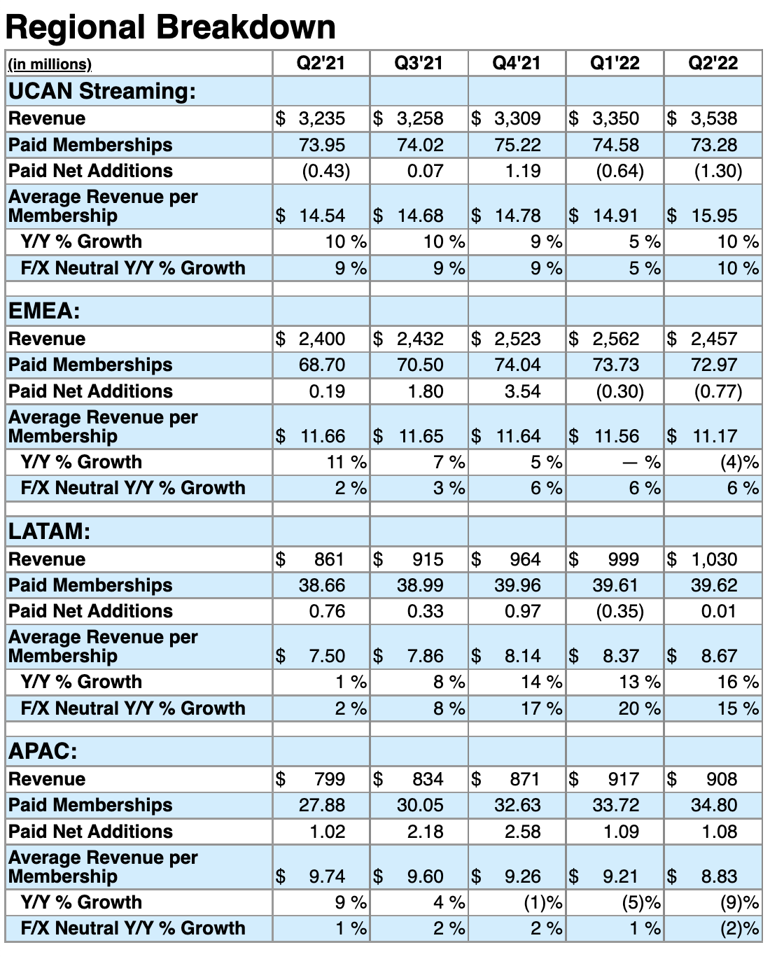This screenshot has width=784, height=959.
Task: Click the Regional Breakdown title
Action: pos(170,28)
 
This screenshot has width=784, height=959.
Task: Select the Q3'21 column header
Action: pos(419,64)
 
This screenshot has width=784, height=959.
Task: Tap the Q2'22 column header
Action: pos(713,64)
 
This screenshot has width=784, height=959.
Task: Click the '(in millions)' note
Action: pos(50,64)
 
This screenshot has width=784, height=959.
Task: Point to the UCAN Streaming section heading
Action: pos(102,91)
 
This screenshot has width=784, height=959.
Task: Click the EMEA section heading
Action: pos(44,311)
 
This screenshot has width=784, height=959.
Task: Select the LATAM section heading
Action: pos(49,531)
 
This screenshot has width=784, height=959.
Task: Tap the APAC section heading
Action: pos(43,751)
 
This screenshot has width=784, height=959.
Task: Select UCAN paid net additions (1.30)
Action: pos(717,171)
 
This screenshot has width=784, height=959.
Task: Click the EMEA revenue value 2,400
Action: pos(321,339)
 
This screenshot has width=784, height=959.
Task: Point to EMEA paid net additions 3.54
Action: pos(522,391)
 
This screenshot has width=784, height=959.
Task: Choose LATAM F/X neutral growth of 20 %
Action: pos(639,708)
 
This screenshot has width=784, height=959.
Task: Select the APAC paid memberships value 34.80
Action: pos(713,805)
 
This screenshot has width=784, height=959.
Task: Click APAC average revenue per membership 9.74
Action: pos(326,876)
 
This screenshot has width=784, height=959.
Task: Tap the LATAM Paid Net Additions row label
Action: pos(90,611)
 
